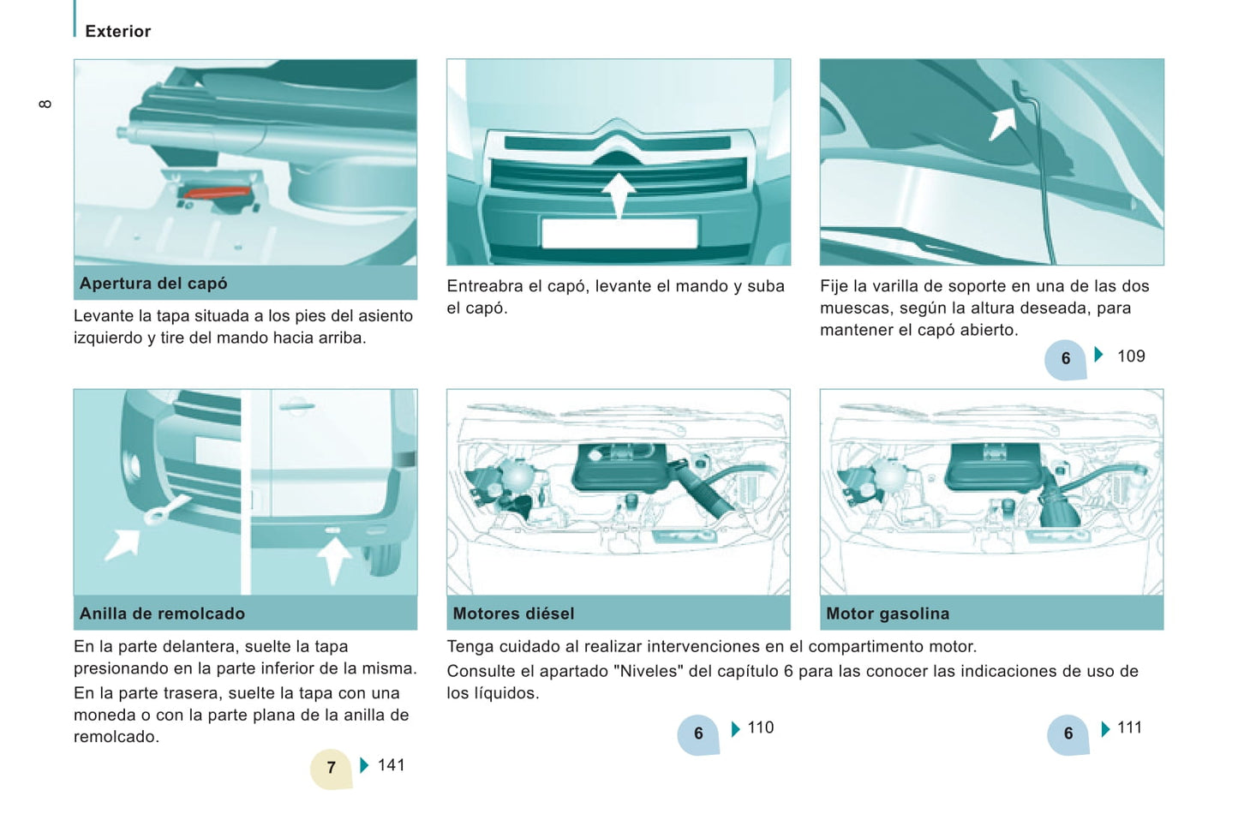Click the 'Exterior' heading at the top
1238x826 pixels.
click(117, 31)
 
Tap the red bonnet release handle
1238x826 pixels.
click(217, 193)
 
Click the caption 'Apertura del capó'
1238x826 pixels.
click(153, 283)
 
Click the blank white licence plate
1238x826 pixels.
click(619, 233)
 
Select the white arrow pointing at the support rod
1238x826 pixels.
click(1002, 123)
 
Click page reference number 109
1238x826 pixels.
click(1131, 356)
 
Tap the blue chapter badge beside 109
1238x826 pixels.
click(1066, 359)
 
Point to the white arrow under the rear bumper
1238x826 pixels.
click(334, 560)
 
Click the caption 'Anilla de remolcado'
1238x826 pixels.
click(162, 614)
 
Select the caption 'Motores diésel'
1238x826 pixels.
click(513, 614)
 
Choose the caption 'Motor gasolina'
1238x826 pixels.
click(888, 614)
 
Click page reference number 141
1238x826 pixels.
click(392, 765)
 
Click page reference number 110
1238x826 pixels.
click(761, 727)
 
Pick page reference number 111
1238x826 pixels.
click(1129, 727)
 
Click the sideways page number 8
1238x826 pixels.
click(45, 104)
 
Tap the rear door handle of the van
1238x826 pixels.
click(296, 407)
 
